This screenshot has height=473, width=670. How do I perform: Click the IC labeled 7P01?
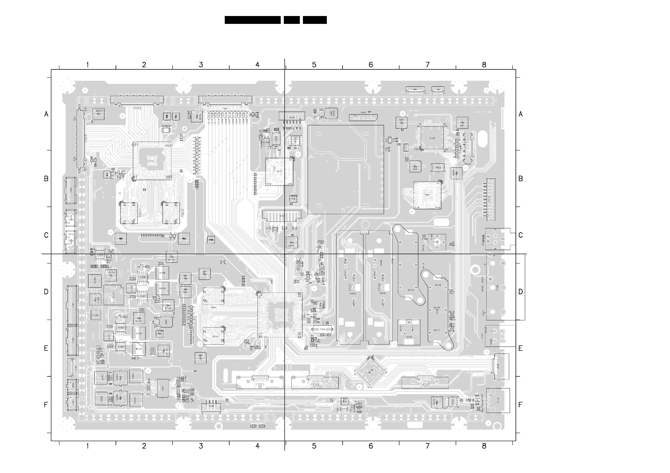(152, 161)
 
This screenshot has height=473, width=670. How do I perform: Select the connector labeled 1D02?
(137, 100)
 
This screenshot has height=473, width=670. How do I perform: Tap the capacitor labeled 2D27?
(99, 114)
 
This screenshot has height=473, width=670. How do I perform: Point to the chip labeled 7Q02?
(171, 213)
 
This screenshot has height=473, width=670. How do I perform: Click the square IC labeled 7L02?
(432, 138)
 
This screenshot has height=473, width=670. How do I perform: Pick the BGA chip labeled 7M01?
(427, 195)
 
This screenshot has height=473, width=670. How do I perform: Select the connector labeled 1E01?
(260, 382)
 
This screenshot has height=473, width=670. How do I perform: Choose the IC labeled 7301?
(163, 388)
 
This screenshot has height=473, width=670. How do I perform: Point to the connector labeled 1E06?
(211, 406)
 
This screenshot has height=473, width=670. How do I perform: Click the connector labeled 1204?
(363, 117)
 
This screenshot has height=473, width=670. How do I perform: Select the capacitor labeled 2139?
(172, 257)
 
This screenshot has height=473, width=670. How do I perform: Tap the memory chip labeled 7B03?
(213, 336)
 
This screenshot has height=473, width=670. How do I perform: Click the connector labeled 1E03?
(425, 382)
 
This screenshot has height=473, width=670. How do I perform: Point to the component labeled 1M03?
(438, 168)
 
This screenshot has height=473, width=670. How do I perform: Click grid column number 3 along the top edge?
(201, 65)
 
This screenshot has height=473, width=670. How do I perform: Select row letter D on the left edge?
(46, 292)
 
